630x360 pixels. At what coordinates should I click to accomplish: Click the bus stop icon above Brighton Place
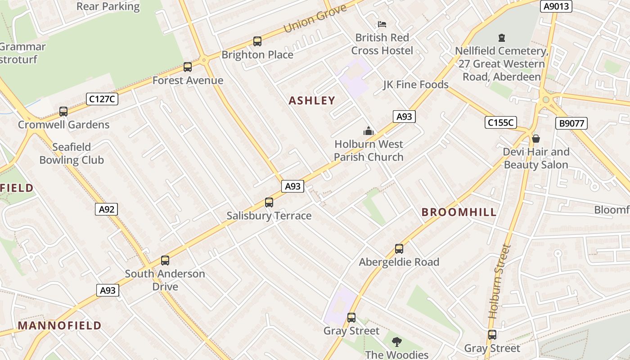point(257,41)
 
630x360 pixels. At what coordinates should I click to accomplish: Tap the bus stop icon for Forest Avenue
point(188,67)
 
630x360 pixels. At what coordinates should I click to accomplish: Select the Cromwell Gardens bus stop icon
point(63,112)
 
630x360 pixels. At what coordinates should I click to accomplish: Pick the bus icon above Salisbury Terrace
point(269,202)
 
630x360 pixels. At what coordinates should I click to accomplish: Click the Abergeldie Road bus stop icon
point(399,249)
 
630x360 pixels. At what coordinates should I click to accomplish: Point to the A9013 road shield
point(557,6)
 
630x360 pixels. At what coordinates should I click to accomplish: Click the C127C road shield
point(102,99)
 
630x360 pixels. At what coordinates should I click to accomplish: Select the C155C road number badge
point(501,122)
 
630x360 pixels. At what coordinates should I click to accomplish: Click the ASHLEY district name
point(312,101)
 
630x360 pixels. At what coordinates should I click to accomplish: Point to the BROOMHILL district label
point(459,212)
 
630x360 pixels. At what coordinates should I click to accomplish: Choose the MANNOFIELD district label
point(59,325)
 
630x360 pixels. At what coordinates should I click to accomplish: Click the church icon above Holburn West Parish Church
point(369,131)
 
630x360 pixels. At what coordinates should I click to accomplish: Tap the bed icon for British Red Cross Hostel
point(382,24)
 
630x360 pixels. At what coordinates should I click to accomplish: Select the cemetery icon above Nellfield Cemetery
point(502,38)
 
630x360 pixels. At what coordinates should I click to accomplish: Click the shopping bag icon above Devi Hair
point(536,139)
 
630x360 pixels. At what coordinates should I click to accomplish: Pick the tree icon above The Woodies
point(396,342)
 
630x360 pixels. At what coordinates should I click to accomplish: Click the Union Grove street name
point(315,19)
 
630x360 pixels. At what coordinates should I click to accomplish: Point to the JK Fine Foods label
point(415,85)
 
